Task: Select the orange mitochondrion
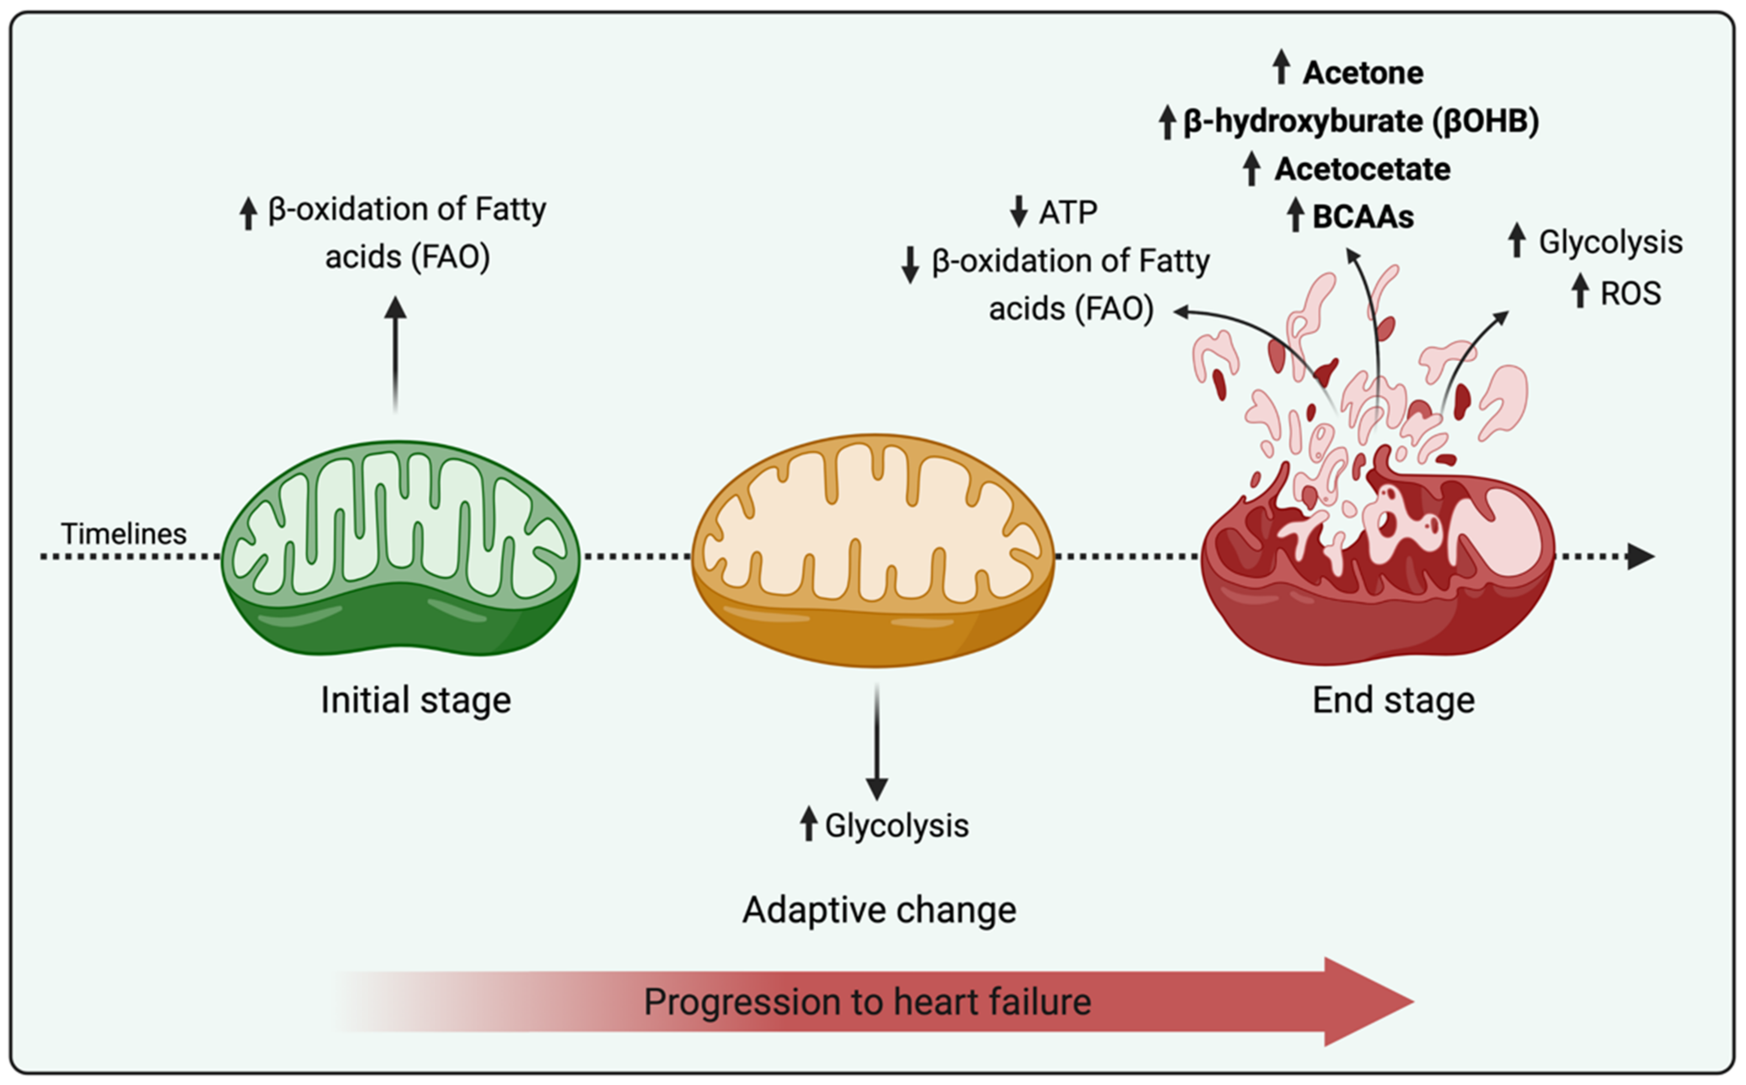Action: (x=873, y=551)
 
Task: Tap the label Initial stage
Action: (x=416, y=700)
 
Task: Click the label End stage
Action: (x=1393, y=700)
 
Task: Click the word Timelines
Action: (x=124, y=534)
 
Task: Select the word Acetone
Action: (x=1362, y=72)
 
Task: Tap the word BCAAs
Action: (x=1362, y=217)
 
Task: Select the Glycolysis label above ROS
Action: (x=1610, y=242)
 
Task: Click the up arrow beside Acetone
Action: (x=1281, y=67)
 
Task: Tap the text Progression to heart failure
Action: (x=867, y=1002)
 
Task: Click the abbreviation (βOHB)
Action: (x=1486, y=120)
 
